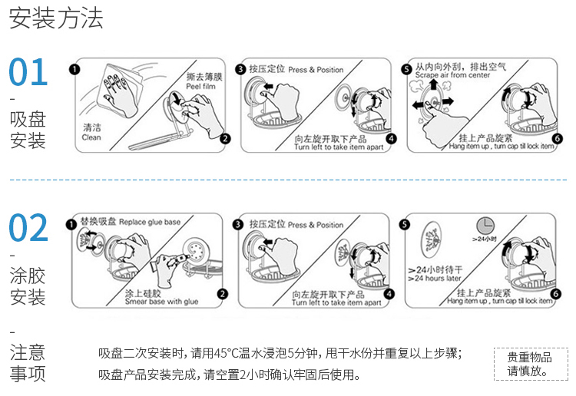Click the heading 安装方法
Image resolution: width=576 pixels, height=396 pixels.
pyautogui.click(x=56, y=18)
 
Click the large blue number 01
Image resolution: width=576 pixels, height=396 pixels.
pyautogui.click(x=28, y=72)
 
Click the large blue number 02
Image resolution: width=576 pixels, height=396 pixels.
pyautogui.click(x=28, y=228)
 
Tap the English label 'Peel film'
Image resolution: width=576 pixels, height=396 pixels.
pyautogui.click(x=204, y=87)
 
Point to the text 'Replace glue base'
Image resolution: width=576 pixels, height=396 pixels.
pyautogui.click(x=150, y=223)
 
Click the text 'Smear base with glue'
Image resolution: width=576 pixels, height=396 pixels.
pyautogui.click(x=161, y=302)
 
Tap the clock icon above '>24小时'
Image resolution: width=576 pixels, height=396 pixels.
pyautogui.click(x=485, y=225)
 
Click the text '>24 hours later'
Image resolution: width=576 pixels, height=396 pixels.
pyautogui.click(x=435, y=278)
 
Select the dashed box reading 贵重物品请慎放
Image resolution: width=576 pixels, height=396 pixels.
pyautogui.click(x=529, y=364)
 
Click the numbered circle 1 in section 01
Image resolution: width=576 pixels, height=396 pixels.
pyautogui.click(x=74, y=69)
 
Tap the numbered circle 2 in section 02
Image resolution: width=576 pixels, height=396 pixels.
pyautogui.click(x=222, y=294)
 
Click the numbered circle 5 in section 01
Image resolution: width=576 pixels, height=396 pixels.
pyautogui.click(x=407, y=69)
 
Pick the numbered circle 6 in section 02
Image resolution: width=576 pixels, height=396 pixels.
pyautogui.click(x=557, y=294)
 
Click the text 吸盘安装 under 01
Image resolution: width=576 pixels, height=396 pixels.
pyautogui.click(x=28, y=130)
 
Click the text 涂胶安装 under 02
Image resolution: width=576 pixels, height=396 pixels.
pyautogui.click(x=28, y=285)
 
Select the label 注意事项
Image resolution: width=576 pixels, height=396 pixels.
pyautogui.click(x=28, y=363)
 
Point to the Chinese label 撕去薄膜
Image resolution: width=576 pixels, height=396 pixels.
pyautogui.click(x=204, y=77)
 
